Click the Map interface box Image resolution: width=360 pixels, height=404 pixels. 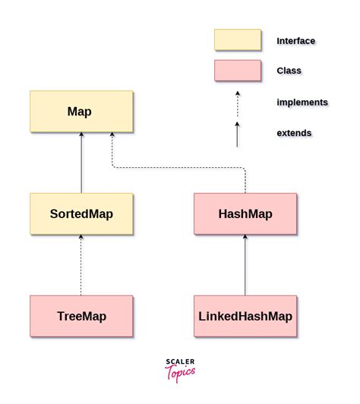[x=81, y=112]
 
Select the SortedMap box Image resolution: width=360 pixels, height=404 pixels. [x=81, y=213]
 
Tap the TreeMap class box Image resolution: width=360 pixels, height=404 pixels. [x=81, y=316]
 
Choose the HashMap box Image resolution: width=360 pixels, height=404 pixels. [x=245, y=213]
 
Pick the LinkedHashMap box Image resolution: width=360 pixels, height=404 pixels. [x=245, y=316]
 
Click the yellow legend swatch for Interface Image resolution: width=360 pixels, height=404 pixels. [x=237, y=40]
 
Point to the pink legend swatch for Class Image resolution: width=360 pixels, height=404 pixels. [x=237, y=71]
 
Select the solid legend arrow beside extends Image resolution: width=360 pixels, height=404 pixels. [x=237, y=134]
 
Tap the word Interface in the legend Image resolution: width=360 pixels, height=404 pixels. [x=295, y=41]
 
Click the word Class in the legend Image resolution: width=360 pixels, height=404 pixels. [x=289, y=71]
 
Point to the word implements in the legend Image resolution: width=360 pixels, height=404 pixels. [x=302, y=103]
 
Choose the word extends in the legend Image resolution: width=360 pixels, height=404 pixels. [x=294, y=133]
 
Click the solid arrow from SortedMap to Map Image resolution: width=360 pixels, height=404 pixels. [x=81, y=163]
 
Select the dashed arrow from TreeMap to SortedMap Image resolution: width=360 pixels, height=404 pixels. [x=81, y=265]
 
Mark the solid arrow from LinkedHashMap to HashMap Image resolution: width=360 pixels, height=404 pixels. [x=245, y=265]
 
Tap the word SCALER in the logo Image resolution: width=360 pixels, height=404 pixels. [x=180, y=362]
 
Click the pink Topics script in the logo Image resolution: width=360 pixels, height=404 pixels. [x=180, y=373]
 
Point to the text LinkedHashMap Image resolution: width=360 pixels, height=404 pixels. [x=245, y=316]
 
